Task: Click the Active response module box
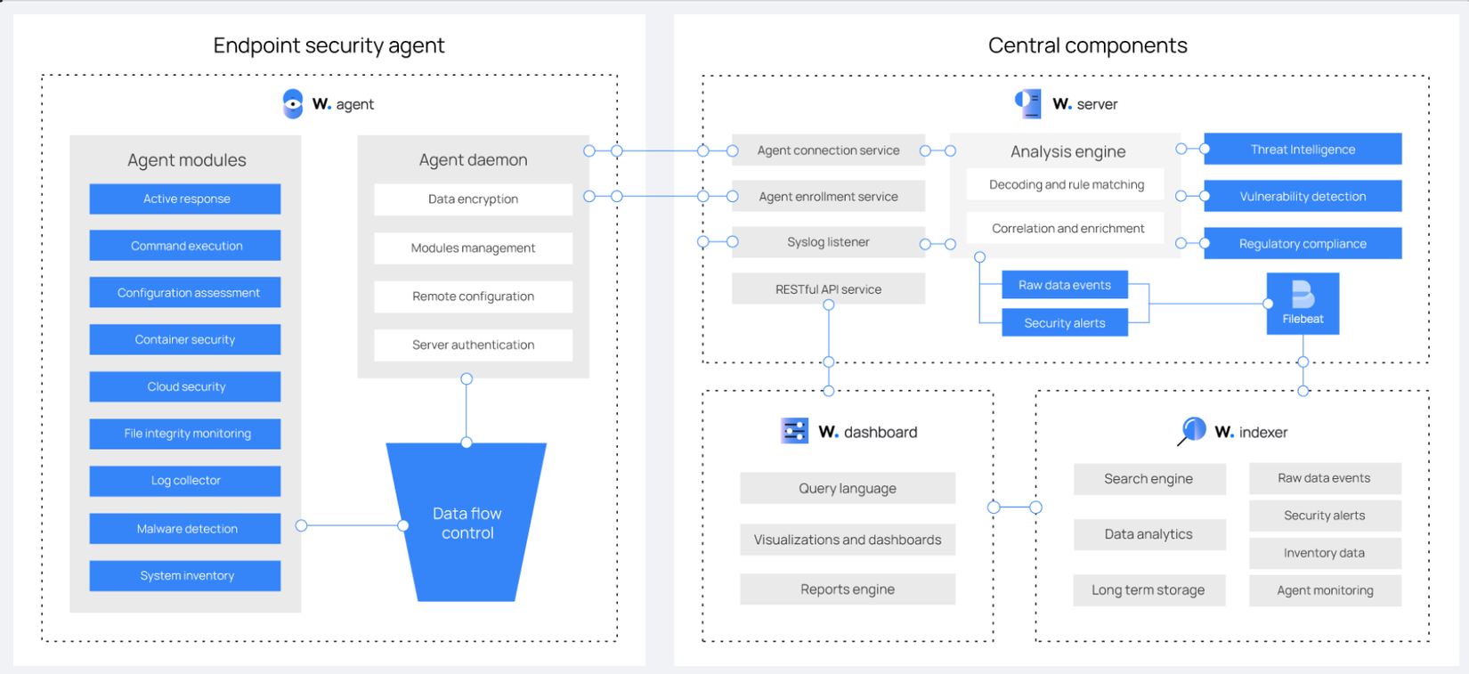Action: click(x=185, y=199)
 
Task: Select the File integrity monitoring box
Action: click(x=185, y=434)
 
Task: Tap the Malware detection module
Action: click(x=185, y=529)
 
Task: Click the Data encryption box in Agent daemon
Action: click(x=473, y=199)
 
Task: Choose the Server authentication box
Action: click(x=473, y=345)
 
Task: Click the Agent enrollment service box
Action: click(x=828, y=197)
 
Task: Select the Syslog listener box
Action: click(x=828, y=242)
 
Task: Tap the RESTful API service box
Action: click(x=828, y=289)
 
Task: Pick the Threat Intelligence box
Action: click(x=1303, y=150)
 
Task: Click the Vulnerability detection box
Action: click(x=1303, y=197)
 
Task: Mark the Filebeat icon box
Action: click(x=1303, y=304)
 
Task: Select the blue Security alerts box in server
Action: click(x=1065, y=323)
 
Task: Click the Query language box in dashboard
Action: click(x=848, y=488)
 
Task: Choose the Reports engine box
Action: click(x=848, y=589)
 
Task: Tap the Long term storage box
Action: click(x=1148, y=590)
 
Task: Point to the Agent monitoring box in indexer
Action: click(x=1325, y=590)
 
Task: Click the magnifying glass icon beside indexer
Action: click(x=1192, y=431)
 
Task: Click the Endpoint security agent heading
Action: click(x=329, y=45)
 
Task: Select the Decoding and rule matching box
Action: click(x=1067, y=185)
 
